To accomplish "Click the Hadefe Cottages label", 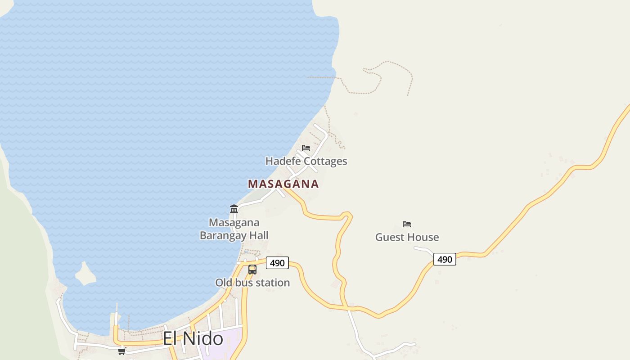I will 306,161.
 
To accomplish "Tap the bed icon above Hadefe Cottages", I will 306,148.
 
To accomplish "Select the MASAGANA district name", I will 283,184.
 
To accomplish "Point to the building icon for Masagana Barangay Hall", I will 234,209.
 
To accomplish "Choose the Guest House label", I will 407,237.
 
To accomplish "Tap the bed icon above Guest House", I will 407,224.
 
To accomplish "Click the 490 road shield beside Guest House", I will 445,259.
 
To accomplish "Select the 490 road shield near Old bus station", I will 277,263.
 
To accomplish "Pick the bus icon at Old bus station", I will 252,270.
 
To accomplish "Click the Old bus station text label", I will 252,283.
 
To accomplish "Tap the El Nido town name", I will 193,338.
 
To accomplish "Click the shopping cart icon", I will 121,351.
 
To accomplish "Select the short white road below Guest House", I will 423,248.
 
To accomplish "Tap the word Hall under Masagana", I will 258,235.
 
